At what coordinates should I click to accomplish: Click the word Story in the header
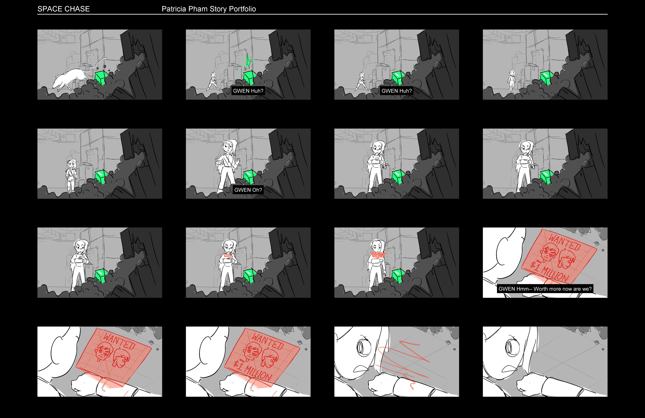(x=218, y=9)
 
